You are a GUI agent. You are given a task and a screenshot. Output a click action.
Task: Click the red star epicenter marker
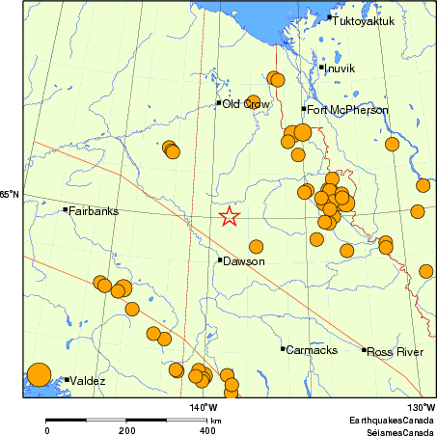(x=229, y=216)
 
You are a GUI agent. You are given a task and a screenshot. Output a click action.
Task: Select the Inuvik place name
(x=341, y=68)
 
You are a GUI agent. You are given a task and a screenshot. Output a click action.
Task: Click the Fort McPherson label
(x=348, y=110)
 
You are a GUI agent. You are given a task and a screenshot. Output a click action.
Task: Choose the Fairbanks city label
(x=94, y=210)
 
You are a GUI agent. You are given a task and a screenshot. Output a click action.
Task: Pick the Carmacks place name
(x=309, y=350)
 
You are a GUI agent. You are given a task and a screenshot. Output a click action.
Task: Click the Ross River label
(x=396, y=352)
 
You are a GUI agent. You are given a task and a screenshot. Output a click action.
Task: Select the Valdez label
(x=87, y=381)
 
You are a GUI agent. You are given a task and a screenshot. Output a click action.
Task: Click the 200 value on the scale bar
(x=126, y=431)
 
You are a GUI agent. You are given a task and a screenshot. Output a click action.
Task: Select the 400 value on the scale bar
(x=206, y=431)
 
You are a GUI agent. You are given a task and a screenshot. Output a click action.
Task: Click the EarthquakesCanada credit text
(x=392, y=422)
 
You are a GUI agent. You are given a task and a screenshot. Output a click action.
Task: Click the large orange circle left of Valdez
(x=38, y=374)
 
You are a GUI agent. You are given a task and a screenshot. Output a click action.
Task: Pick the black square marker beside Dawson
(x=220, y=259)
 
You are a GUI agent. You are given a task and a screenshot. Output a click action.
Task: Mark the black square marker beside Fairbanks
(x=66, y=209)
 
